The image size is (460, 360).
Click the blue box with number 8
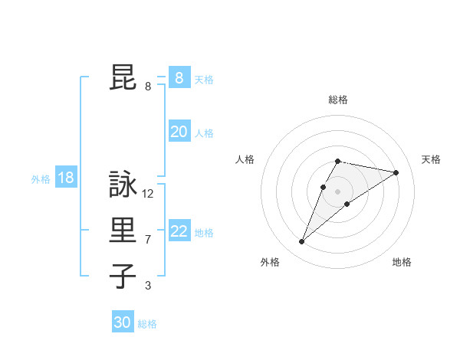[x=179, y=78]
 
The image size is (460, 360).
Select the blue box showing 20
[x=179, y=132]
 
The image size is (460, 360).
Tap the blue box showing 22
[x=179, y=231]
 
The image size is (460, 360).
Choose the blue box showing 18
[x=66, y=178]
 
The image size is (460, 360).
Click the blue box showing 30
[x=123, y=322]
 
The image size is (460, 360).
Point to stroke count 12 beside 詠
[x=148, y=194]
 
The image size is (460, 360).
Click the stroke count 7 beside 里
[x=148, y=240]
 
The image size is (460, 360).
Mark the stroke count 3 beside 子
[x=148, y=286]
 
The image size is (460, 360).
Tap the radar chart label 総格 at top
[x=338, y=100]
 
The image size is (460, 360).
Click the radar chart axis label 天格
[x=432, y=159]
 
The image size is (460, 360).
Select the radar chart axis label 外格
[x=270, y=262]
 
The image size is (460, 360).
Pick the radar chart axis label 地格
[x=402, y=262]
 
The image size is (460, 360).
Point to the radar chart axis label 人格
[x=245, y=159]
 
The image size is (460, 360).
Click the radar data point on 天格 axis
[x=396, y=172]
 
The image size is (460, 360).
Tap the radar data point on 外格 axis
[x=301, y=242]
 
